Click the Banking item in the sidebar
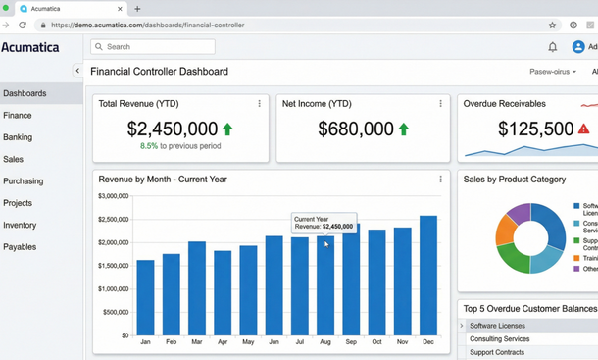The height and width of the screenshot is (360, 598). [18, 137]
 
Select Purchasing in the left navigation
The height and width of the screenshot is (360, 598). [23, 181]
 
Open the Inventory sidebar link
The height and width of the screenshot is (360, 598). [20, 226]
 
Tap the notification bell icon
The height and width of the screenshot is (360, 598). [552, 47]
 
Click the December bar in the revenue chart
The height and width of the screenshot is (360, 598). [427, 276]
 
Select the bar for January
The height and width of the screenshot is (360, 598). [145, 297]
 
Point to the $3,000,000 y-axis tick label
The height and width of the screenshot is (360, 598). [114, 196]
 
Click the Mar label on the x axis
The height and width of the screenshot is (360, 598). [197, 342]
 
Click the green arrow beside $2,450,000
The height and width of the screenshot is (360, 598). [228, 129]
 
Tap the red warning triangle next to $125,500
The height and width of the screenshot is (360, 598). [584, 129]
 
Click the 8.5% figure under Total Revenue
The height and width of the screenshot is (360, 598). [148, 146]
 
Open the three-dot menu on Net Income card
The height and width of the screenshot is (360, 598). [440, 103]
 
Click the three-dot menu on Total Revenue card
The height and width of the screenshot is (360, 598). [259, 103]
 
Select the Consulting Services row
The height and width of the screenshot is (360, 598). [500, 339]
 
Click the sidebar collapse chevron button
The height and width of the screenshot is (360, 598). [77, 71]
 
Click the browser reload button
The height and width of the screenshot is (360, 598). [23, 26]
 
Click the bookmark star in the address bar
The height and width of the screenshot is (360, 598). [552, 26]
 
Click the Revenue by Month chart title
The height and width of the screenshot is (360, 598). [163, 180]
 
